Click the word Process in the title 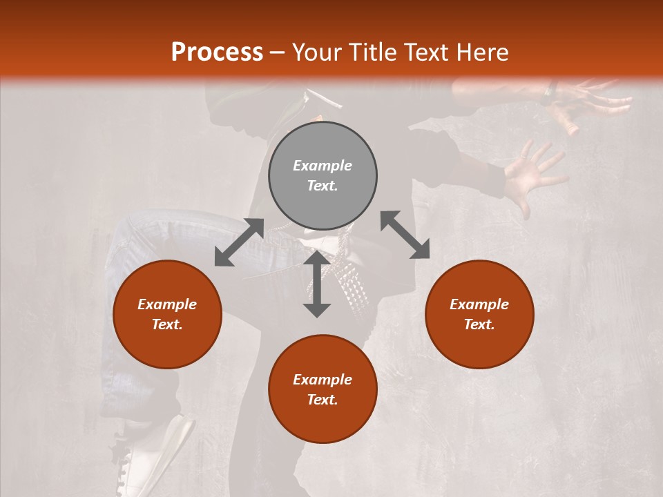tap(217, 52)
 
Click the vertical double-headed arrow tap(317, 284)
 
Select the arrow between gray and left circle tap(239, 242)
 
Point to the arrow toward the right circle tap(405, 235)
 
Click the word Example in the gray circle tap(323, 166)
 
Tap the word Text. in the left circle tap(167, 324)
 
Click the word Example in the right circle tap(479, 304)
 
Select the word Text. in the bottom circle tap(323, 400)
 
